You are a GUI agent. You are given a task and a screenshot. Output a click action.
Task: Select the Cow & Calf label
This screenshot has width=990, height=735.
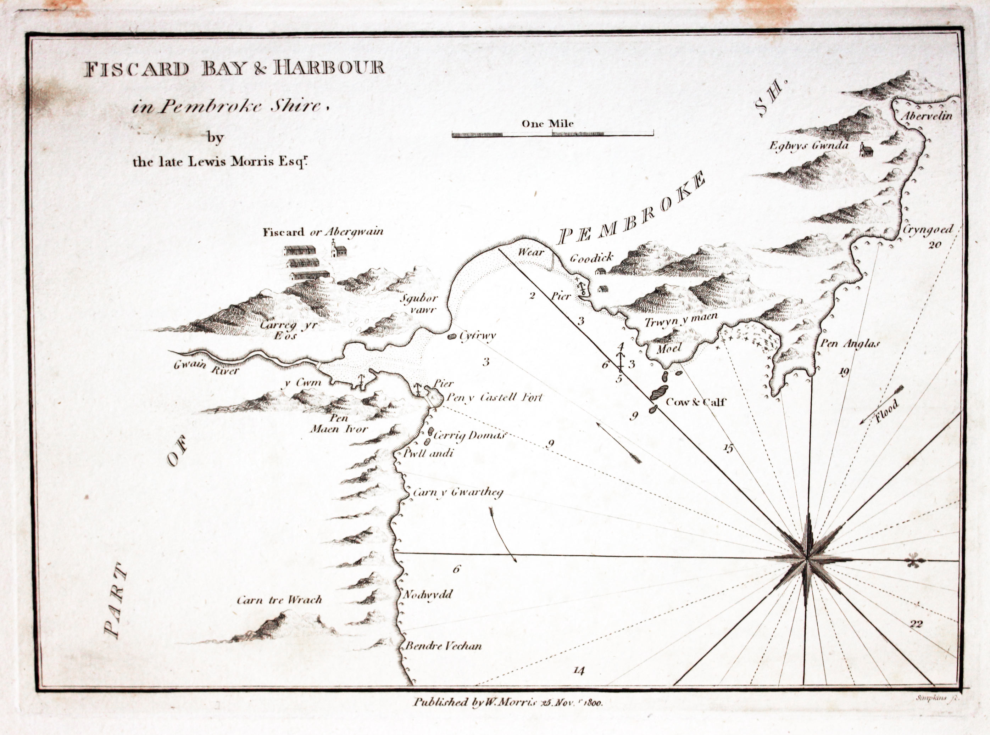coord(695,402)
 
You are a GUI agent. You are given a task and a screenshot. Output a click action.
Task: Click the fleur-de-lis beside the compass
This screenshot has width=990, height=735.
coord(914,561)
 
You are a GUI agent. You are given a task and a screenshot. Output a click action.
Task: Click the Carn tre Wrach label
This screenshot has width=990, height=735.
coord(279,600)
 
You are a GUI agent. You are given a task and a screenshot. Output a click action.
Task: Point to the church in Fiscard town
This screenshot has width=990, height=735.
coord(338,250)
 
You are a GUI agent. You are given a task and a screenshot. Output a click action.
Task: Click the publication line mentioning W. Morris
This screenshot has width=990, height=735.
coord(507,702)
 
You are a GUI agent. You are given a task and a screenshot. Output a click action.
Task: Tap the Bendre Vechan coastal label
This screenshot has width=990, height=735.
coord(443,646)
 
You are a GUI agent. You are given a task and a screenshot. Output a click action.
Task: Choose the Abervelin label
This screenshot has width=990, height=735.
coord(927,117)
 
